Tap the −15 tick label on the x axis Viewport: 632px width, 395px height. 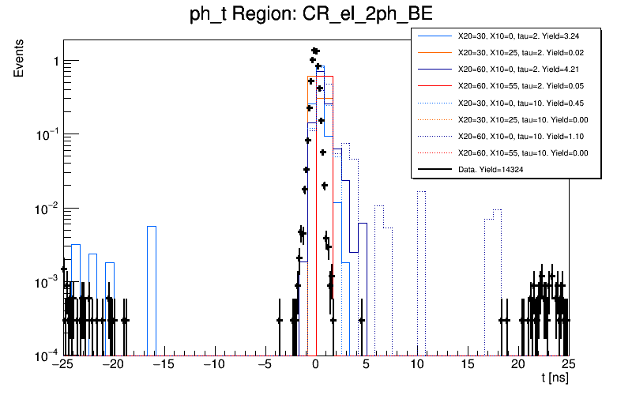click(163, 364)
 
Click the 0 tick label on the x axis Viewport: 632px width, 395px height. click(315, 364)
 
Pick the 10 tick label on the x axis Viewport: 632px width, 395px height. click(417, 364)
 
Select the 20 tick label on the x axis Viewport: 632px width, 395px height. click(518, 364)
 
